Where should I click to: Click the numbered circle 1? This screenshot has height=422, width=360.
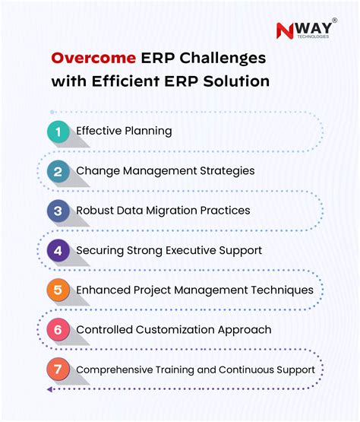(58, 132)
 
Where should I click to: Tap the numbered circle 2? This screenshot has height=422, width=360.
(58, 171)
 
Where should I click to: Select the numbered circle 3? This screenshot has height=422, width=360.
(58, 211)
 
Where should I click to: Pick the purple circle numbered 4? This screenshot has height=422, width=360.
(58, 250)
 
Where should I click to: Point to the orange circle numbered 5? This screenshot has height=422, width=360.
(58, 290)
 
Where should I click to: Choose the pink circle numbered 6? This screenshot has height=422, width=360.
(58, 330)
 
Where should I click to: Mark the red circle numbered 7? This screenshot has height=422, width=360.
(58, 370)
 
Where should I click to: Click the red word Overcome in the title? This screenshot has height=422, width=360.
(93, 58)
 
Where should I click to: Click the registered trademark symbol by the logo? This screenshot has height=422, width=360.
(334, 21)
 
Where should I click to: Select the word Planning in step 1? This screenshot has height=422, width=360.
(147, 131)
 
